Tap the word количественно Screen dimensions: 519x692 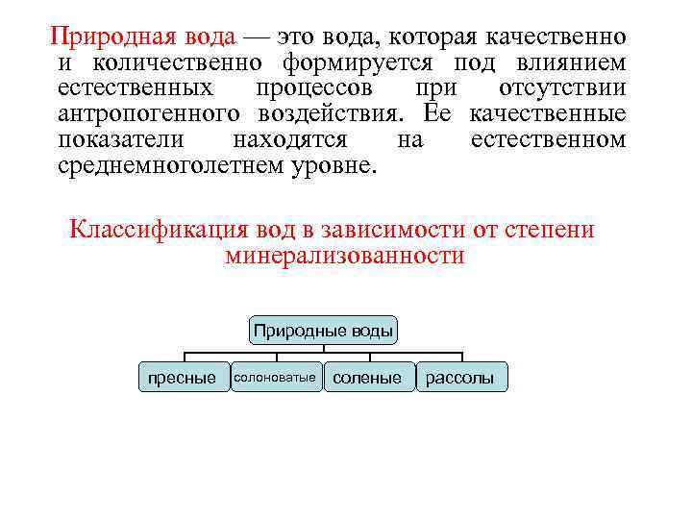tap(183, 63)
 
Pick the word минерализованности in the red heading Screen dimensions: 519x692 tap(344, 257)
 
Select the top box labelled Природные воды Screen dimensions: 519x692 tap(323, 332)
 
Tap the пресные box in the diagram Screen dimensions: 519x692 tap(182, 378)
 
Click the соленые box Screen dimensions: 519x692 tap(367, 378)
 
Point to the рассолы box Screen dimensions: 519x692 tap(459, 378)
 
